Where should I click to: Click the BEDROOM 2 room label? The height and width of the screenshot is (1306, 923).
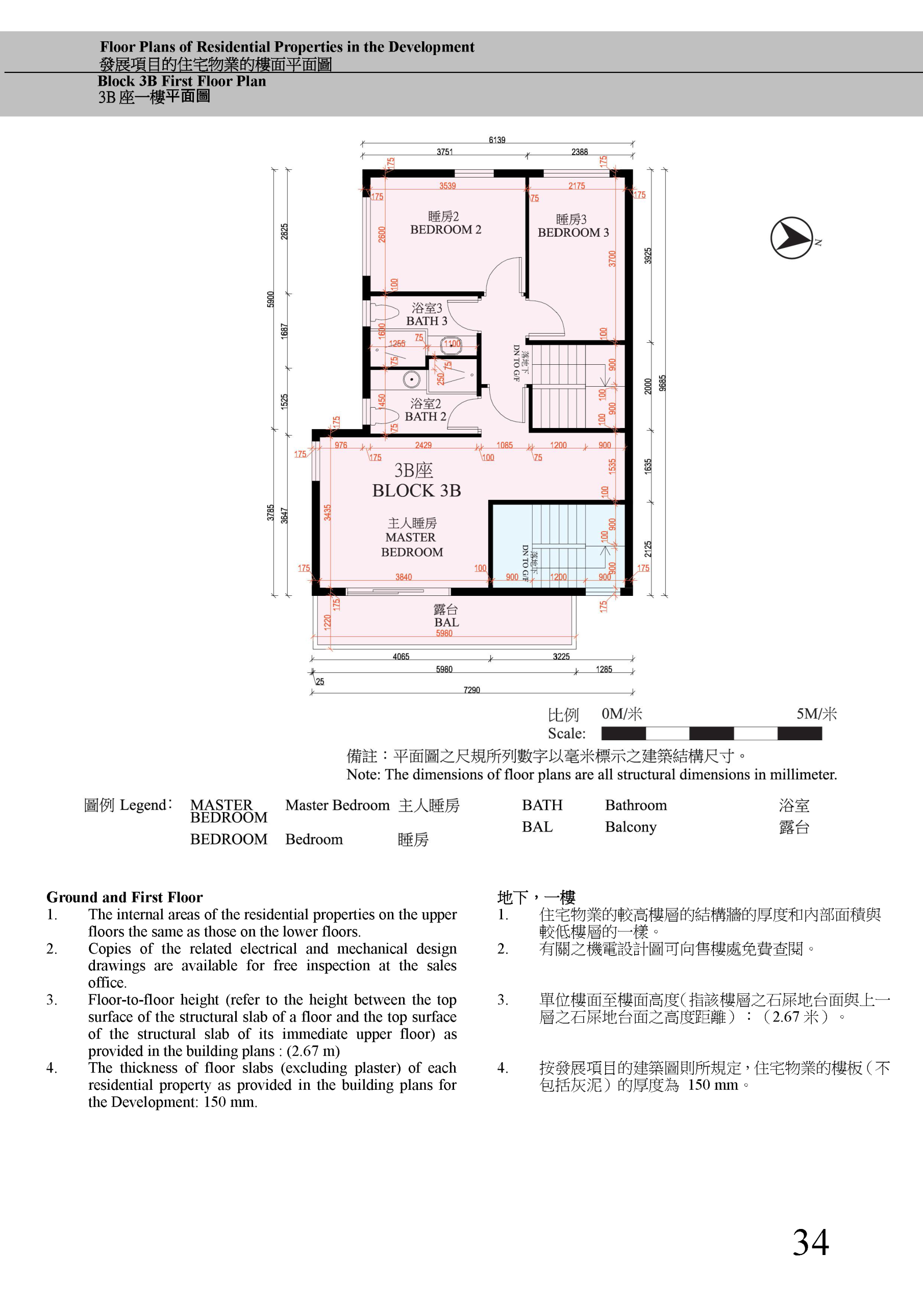coord(445,229)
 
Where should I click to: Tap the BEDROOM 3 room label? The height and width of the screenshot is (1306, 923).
coord(573,232)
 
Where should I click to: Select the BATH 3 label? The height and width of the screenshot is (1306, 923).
coord(427,321)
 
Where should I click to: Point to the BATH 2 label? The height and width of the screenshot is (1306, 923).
coord(426,416)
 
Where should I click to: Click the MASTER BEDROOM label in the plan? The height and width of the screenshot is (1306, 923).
coord(411,544)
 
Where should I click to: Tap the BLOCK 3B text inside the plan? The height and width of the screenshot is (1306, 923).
coord(416,490)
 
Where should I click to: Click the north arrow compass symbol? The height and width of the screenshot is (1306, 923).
coord(791,238)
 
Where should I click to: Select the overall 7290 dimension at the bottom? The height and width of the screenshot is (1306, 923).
coord(472,690)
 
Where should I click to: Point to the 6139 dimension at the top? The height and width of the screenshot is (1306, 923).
coord(497,140)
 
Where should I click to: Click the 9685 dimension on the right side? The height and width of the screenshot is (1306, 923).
coord(662,383)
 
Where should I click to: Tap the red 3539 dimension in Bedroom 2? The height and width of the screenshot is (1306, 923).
coord(447,186)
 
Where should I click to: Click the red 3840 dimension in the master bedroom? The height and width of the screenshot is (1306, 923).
coord(404,577)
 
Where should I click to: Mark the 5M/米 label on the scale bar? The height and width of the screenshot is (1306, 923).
coord(816,714)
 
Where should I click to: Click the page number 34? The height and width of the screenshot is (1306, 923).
coord(811,1242)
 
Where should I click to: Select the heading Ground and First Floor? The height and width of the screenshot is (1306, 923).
coord(124,897)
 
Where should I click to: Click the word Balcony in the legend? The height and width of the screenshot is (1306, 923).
coord(631,827)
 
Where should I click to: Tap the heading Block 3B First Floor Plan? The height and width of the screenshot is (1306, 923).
coord(182,81)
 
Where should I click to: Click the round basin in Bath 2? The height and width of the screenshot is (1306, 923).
coord(411,380)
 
